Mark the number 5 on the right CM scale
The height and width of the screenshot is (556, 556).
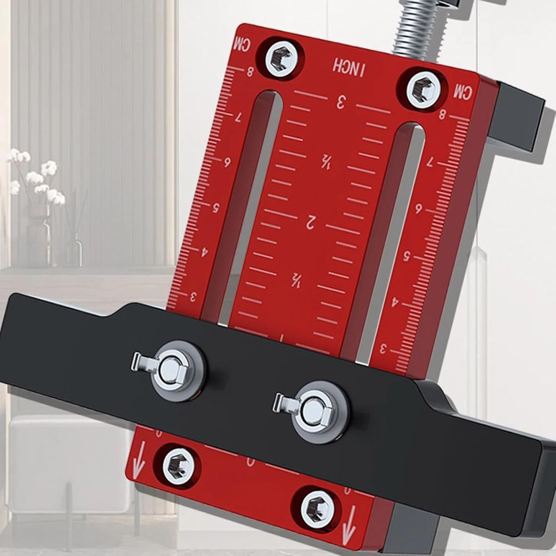pos(407,255)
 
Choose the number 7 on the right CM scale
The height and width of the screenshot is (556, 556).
pos(430,162)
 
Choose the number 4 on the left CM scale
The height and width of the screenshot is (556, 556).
pos(204,252)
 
